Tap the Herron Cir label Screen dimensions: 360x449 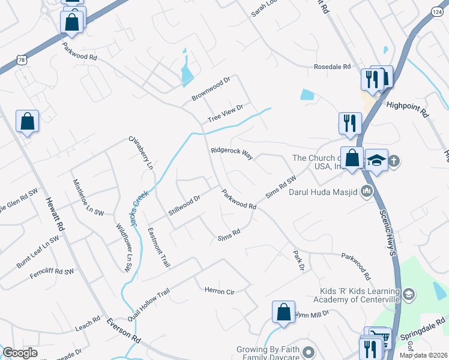[219, 291]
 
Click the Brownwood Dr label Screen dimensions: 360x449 [211, 89]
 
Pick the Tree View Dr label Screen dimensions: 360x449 [224, 113]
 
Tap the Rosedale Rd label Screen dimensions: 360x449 [332, 67]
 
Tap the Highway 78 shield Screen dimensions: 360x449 [22, 60]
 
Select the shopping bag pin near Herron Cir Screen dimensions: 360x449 [283, 313]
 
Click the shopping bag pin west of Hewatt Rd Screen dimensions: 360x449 [27, 122]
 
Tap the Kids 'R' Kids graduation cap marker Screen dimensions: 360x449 [408, 294]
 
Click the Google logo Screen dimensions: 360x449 [20, 353]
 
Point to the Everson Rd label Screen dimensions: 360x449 [124, 331]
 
